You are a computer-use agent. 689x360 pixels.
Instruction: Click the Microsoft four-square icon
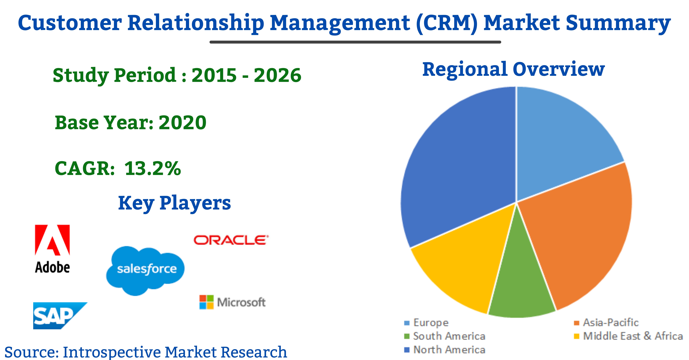[206, 302]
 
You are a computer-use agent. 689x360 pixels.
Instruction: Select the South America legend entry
[445, 336]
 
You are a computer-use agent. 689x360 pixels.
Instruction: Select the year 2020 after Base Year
[182, 123]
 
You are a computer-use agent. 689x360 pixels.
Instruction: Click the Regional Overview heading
[514, 70]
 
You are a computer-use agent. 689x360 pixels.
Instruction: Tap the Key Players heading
[174, 203]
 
